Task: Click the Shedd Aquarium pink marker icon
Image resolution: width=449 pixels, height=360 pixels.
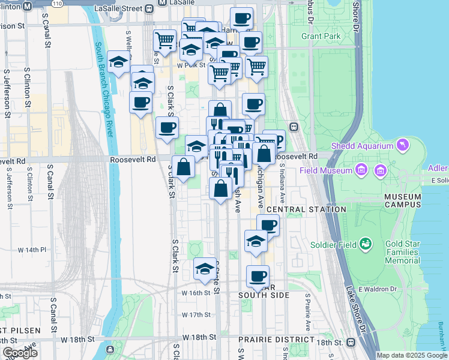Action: pyautogui.click(x=402, y=145)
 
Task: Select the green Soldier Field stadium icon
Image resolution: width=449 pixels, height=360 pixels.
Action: pyautogui.click(x=366, y=244)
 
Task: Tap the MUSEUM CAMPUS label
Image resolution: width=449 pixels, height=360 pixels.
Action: pyautogui.click(x=403, y=200)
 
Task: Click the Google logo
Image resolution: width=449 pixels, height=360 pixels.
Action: pyautogui.click(x=20, y=352)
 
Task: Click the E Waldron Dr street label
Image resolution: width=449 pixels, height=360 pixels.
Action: pyautogui.click(x=379, y=289)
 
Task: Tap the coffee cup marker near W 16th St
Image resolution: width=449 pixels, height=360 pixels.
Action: pyautogui.click(x=258, y=277)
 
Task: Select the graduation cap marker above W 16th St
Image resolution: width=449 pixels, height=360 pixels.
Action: pyautogui.click(x=205, y=268)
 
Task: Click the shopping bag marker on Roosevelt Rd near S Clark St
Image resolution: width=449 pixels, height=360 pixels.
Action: pyautogui.click(x=183, y=166)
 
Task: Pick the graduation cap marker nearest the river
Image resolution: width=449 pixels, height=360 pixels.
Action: pyautogui.click(x=119, y=62)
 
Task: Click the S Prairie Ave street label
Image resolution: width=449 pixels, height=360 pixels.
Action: pyautogui.click(x=307, y=311)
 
